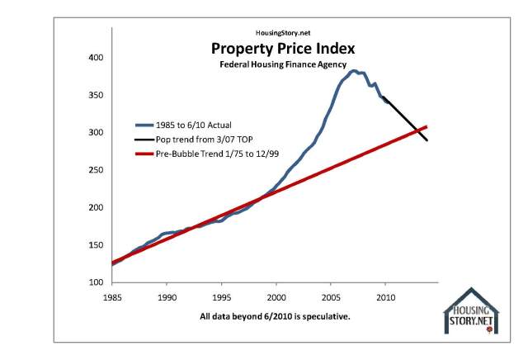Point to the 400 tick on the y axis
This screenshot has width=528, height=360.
tap(95, 58)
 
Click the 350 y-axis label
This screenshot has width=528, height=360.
tap(95, 96)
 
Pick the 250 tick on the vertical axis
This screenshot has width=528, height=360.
tap(95, 170)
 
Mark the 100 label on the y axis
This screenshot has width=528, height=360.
tap(95, 282)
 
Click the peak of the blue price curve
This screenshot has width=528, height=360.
tap(353, 71)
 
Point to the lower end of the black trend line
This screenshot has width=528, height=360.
tap(427, 140)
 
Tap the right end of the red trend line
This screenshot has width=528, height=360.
tap(427, 126)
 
